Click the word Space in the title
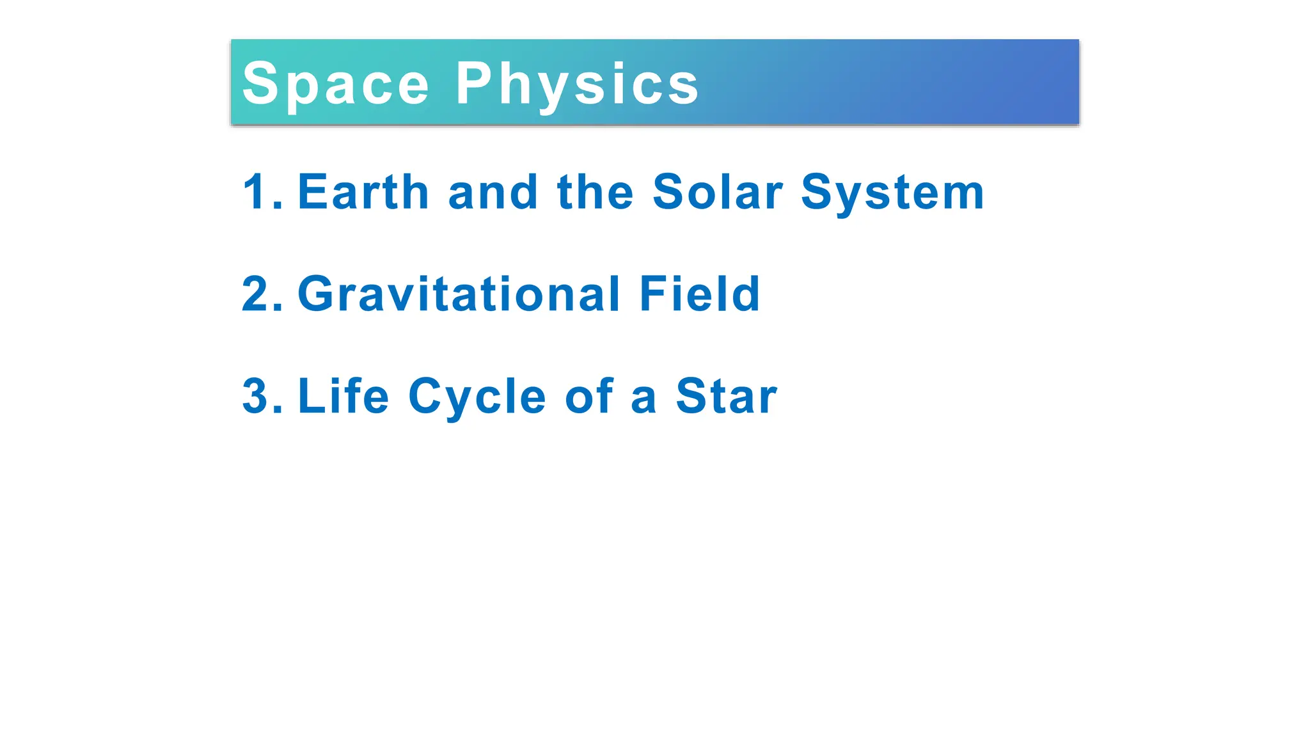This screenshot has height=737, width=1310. (336, 84)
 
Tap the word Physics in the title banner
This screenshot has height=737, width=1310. (577, 84)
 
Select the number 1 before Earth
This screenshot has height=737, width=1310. (254, 191)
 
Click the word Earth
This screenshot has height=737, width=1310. (363, 191)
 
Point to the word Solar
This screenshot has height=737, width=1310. (718, 191)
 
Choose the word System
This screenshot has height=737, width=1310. (892, 193)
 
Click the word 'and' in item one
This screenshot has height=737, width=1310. (493, 191)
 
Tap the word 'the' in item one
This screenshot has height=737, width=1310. (596, 191)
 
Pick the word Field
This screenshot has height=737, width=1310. (700, 294)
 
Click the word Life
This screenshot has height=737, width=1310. (343, 396)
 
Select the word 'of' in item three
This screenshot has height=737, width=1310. (589, 396)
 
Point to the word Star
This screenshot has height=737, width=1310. (727, 396)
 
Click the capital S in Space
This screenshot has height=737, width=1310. (260, 84)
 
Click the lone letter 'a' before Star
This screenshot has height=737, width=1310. (643, 399)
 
